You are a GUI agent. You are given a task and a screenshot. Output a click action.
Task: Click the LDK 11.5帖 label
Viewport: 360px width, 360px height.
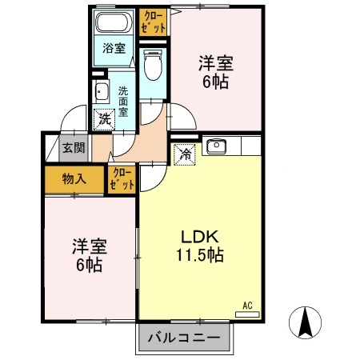point(199,246)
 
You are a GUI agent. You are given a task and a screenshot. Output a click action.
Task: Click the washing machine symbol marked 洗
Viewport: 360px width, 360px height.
point(105,121)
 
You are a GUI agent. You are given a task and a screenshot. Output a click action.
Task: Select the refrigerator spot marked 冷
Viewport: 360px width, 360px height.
point(184,153)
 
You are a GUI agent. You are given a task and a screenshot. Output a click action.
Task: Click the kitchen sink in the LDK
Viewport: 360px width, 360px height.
point(218,146)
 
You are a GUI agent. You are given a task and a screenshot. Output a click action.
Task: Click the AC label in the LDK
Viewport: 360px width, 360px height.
point(247,305)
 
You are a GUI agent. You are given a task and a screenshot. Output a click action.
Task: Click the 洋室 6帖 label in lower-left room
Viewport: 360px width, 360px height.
point(88,256)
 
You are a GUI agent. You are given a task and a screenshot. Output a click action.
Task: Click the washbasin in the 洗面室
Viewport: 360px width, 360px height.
point(102,90)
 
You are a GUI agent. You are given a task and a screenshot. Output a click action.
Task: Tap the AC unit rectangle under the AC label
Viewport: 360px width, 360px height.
point(247,314)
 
